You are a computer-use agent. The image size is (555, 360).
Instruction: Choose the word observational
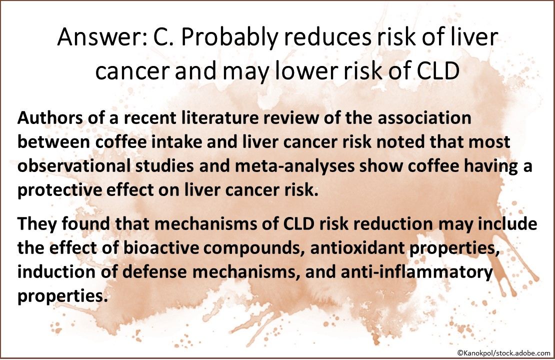click(74, 166)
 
